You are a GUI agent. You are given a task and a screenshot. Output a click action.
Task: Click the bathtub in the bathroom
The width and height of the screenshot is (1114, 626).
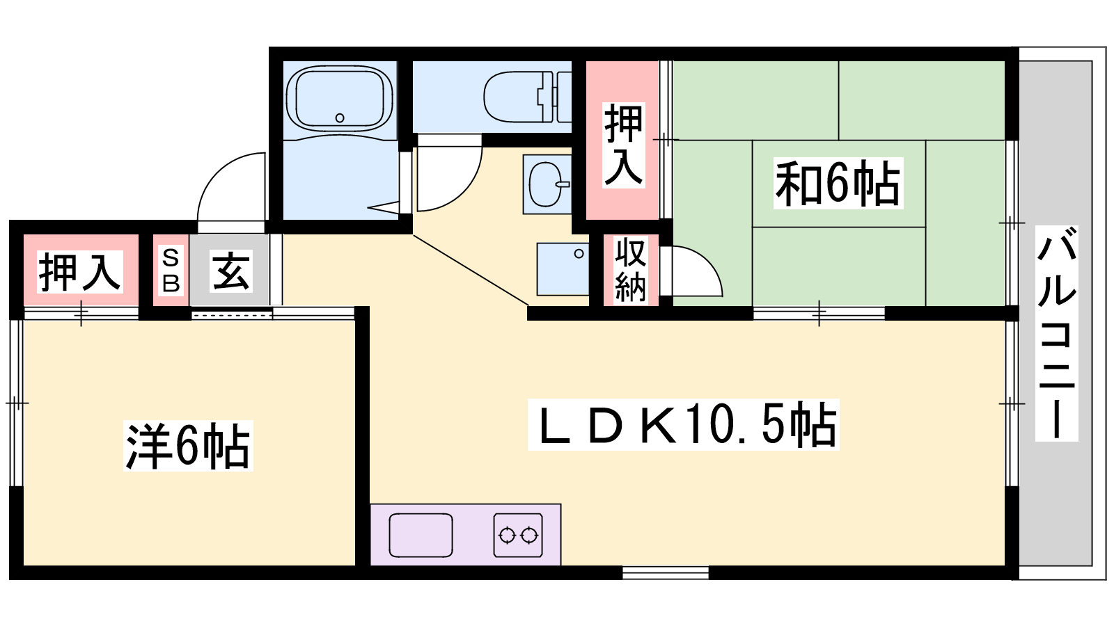(x=340, y=99)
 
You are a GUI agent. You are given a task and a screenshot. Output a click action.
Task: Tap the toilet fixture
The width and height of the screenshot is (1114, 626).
(x=527, y=97)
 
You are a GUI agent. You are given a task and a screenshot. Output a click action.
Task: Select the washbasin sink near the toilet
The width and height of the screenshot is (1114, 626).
(x=547, y=184)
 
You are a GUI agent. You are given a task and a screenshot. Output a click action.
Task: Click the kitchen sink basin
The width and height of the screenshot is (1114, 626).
(x=421, y=535)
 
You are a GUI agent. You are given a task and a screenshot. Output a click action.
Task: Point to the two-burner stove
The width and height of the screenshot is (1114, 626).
(x=518, y=535)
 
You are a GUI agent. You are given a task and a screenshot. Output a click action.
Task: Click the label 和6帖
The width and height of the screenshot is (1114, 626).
(x=838, y=183)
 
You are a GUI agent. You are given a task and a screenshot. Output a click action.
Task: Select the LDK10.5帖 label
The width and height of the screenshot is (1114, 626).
(x=683, y=425)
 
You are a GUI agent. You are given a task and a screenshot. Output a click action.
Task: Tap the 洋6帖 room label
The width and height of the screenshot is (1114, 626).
(x=188, y=446)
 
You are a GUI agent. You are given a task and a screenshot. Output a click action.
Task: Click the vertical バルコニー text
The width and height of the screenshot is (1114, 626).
(x=1057, y=333)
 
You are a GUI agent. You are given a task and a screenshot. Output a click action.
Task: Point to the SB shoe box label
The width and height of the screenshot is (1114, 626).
(x=171, y=271)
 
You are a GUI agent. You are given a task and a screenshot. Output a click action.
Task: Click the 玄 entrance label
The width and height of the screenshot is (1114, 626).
(x=230, y=271)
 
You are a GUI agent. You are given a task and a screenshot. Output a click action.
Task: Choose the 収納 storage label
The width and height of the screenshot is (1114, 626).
(x=631, y=270)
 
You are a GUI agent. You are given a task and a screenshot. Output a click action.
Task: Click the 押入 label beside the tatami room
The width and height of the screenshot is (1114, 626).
(x=624, y=145)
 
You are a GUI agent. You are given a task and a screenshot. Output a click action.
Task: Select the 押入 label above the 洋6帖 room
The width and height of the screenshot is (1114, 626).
(x=80, y=272)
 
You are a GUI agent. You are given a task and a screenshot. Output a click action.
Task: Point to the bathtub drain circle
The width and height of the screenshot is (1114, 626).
(x=340, y=118)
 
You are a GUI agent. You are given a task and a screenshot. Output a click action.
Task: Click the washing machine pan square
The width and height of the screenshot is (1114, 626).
(x=563, y=268)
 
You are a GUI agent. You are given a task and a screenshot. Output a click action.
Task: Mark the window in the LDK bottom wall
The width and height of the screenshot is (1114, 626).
(x=666, y=572)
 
